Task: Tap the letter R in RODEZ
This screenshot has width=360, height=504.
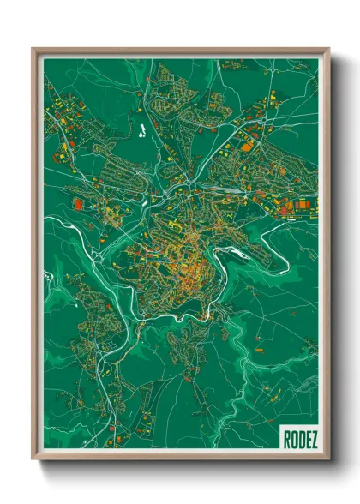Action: [x=285, y=440]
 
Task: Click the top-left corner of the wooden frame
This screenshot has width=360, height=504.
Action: [x=33, y=49]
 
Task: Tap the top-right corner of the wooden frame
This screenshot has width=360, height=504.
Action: [x=329, y=49]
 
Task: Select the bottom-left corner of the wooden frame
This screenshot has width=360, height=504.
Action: [x=33, y=461]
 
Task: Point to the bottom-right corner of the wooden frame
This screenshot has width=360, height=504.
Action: [x=329, y=461]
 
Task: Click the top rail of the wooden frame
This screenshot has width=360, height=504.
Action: [x=180, y=50]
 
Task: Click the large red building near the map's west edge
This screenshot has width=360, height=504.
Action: [x=78, y=204]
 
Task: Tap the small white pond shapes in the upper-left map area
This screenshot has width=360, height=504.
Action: [x=137, y=131]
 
